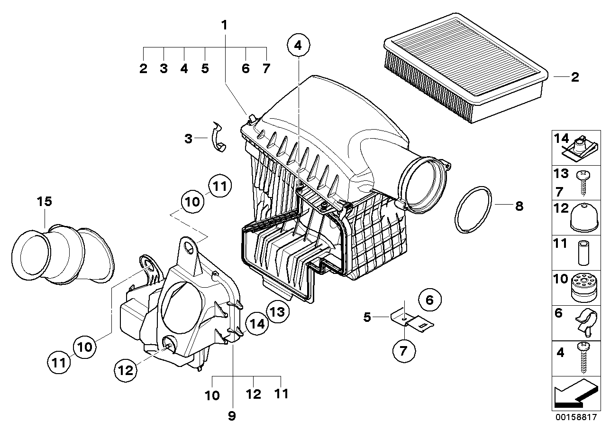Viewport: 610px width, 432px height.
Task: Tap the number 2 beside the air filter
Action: coord(574,77)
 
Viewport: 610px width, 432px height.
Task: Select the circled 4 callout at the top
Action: coord(298,46)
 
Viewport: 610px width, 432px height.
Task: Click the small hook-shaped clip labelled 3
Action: coord(217,138)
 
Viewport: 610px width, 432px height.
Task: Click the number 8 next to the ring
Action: coord(519,206)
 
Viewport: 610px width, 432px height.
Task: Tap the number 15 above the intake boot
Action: coord(45,201)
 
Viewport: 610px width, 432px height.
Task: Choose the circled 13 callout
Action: coord(277,311)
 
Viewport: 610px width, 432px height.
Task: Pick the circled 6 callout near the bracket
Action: coord(429,300)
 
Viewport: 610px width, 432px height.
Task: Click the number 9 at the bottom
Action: coord(232,416)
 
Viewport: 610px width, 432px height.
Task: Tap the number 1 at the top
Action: coord(225,25)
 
